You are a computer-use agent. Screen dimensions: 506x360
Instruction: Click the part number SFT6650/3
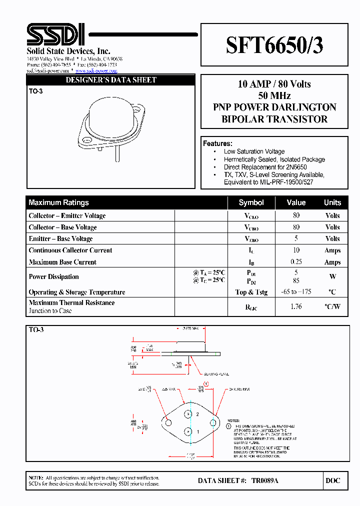(274, 45)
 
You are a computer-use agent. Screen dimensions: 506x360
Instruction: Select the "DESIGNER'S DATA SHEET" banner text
(111, 80)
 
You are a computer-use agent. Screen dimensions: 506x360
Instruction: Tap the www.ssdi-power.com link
(96, 71)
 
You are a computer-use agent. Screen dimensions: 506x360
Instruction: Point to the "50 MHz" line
(274, 95)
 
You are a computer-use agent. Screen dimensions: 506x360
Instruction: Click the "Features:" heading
(217, 143)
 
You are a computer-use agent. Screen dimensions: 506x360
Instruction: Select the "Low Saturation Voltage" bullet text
(254, 151)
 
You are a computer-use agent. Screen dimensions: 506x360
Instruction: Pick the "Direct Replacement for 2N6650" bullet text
(265, 167)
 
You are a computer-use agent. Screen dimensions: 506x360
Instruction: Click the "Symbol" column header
(251, 202)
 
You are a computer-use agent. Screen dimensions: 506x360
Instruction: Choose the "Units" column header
(332, 202)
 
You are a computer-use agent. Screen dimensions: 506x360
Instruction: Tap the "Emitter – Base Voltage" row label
(60, 239)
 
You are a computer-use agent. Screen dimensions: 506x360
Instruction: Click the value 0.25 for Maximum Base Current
(296, 262)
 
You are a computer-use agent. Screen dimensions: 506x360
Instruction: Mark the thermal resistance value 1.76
(296, 306)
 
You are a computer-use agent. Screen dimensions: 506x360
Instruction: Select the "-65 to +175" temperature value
(296, 292)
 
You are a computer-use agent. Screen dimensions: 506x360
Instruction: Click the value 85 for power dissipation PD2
(296, 280)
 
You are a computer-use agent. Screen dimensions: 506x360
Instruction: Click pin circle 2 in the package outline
(188, 414)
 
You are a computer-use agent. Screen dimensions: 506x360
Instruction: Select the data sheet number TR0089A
(264, 480)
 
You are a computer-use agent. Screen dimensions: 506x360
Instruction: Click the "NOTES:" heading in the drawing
(233, 421)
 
